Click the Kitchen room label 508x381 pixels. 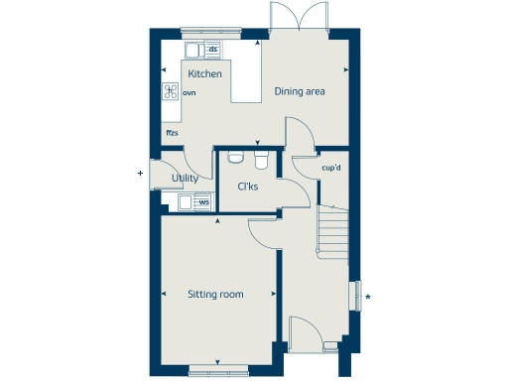(205, 74)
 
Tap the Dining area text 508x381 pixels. (300, 92)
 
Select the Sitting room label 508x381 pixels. (215, 294)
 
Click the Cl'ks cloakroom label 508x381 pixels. (248, 187)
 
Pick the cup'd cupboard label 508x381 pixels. (331, 168)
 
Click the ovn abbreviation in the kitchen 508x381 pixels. (190, 92)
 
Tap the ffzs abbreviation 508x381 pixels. (173, 132)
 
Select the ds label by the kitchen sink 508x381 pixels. (212, 49)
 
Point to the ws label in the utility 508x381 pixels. (203, 202)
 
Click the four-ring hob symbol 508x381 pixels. (171, 92)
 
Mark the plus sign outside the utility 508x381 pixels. (140, 174)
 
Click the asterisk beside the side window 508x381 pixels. (368, 297)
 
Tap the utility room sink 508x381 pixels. (188, 202)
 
